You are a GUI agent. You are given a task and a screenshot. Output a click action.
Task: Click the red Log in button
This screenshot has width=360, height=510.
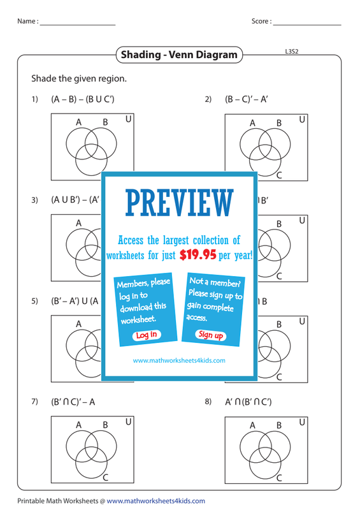coord(147,335)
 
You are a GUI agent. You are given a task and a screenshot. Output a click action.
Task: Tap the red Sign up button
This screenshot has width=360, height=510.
coord(210,335)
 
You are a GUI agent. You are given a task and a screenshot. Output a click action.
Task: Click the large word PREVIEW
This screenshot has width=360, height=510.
coord(180,203)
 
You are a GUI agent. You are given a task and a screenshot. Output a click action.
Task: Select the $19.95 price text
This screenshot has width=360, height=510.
coord(198,254)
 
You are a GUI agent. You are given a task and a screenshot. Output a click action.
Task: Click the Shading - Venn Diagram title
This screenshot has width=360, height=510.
coord(179,54)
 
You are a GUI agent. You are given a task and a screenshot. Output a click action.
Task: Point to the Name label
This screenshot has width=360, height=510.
coord(28,21)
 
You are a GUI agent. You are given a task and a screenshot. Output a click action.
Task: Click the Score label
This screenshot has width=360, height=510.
coord(261,21)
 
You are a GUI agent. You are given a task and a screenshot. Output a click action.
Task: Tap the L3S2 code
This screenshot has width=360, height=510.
coord(292,52)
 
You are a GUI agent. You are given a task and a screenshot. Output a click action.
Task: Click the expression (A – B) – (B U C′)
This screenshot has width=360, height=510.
coord(83,99)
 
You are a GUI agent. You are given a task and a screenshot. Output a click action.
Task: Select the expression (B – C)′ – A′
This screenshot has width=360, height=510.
coord(246,99)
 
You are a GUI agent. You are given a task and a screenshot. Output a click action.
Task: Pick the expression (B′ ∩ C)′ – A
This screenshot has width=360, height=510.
coord(73,402)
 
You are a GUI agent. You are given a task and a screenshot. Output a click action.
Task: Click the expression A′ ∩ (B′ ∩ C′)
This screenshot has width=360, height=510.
coord(248,402)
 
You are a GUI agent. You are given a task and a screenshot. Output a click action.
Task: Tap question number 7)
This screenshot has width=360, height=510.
coord(35,402)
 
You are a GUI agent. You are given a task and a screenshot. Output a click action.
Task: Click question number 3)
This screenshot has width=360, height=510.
coord(35,200)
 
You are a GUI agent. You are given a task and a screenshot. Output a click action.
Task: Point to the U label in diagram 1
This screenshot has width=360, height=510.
coord(129,119)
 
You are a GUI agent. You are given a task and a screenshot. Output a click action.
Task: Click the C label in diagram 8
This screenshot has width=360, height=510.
coord(279,477)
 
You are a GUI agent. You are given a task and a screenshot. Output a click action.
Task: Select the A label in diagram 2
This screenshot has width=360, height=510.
coord(252,123)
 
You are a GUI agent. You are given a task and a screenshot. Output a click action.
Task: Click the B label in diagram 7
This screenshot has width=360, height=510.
coord(105,425)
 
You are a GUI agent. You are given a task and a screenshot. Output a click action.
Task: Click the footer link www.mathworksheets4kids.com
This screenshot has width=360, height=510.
coord(155,501)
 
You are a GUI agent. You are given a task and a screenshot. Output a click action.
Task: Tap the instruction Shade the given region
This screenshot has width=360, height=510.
coord(79,78)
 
